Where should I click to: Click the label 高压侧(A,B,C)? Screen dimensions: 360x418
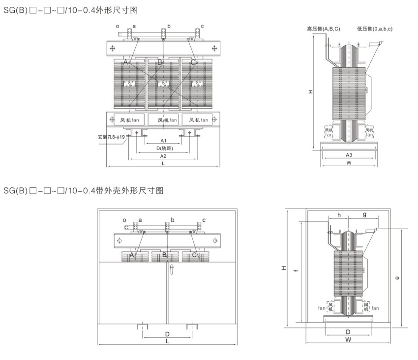click(323, 29)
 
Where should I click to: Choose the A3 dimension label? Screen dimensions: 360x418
click(349, 155)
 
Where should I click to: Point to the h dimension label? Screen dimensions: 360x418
click(339, 214)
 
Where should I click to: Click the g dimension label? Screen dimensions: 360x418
click(364, 214)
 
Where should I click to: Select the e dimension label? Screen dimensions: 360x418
click(397, 277)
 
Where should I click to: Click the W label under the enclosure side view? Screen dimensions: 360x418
click(348, 339)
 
